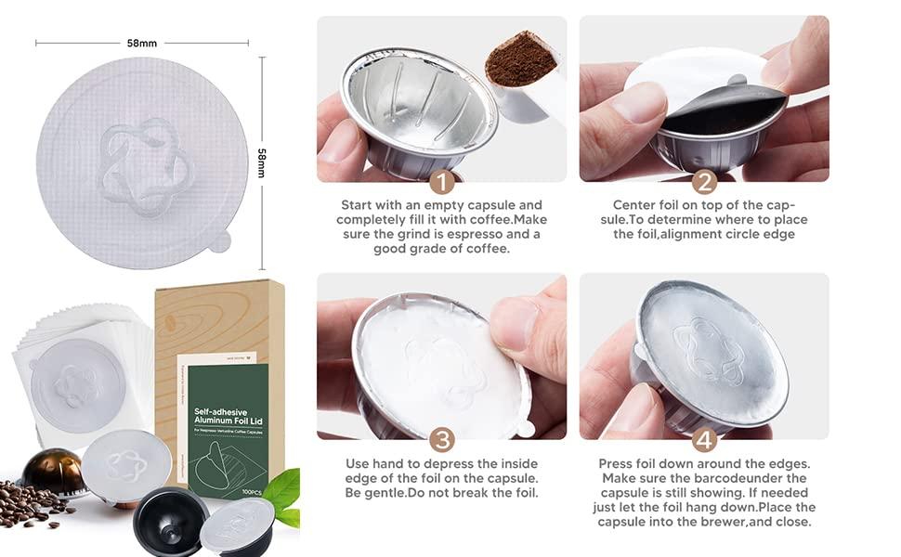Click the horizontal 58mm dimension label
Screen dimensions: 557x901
click(142, 43)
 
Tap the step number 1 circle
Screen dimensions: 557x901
click(443, 181)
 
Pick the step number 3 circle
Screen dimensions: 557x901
click(443, 439)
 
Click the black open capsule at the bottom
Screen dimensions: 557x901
click(171, 521)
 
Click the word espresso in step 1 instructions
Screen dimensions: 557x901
click(440, 235)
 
